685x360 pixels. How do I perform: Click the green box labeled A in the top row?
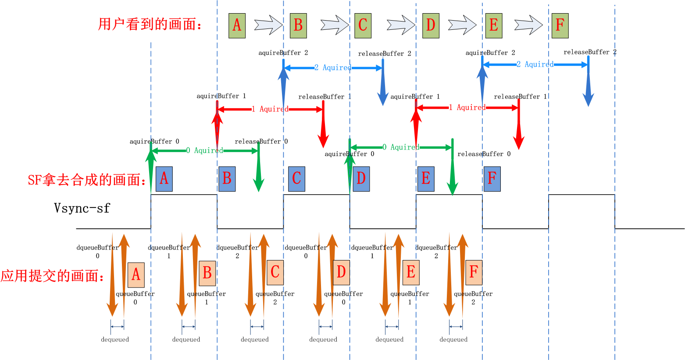tap(237, 25)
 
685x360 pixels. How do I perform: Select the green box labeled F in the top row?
tap(560, 25)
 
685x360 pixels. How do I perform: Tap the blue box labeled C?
tap(297, 179)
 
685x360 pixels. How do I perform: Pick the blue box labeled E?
tap(426, 179)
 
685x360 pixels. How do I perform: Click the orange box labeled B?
tap(207, 273)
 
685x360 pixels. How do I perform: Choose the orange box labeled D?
tap(341, 273)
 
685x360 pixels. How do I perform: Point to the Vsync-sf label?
tap(82, 208)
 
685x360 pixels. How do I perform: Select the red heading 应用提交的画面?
tap(53, 276)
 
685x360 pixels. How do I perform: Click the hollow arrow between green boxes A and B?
tap(268, 25)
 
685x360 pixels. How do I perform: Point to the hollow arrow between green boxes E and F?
tap(528, 25)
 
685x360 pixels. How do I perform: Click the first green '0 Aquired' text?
tap(205, 151)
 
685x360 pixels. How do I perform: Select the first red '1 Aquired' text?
tap(270, 109)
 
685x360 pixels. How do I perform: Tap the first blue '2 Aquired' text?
tap(333, 68)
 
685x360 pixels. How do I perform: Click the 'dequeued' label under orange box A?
tap(115, 339)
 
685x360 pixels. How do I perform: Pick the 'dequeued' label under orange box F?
tap(453, 339)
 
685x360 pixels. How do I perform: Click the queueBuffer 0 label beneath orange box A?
tap(135, 298)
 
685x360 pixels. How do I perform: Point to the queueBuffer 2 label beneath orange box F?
tap(473, 298)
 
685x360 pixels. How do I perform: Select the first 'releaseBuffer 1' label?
tap(325, 97)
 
